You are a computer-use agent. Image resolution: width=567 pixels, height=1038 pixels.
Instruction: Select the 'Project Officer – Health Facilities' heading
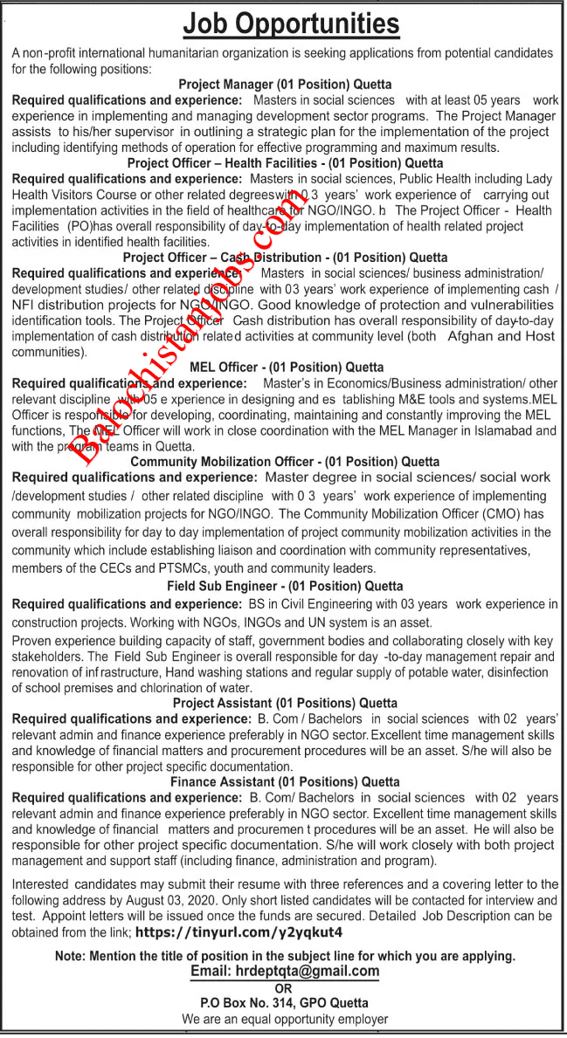[285, 163]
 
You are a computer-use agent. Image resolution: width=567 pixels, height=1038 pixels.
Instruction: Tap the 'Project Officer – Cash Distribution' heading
[285, 258]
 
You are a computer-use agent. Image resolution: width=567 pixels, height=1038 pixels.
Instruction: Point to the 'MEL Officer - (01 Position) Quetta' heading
[285, 368]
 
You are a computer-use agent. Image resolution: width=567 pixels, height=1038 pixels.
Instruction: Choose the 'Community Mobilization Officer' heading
[285, 461]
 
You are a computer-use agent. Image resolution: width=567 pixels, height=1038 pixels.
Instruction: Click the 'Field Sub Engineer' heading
[285, 587]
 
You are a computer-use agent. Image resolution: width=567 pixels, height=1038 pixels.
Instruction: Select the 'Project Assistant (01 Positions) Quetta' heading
[285, 703]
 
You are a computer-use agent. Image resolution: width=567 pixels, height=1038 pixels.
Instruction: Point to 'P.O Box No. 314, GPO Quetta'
[284, 1003]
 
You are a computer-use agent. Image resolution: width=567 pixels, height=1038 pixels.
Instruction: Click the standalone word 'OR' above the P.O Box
[284, 987]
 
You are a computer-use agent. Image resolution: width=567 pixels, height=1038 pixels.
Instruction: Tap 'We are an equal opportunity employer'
[284, 1019]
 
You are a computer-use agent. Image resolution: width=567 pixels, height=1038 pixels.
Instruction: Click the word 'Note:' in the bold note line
[73, 956]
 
